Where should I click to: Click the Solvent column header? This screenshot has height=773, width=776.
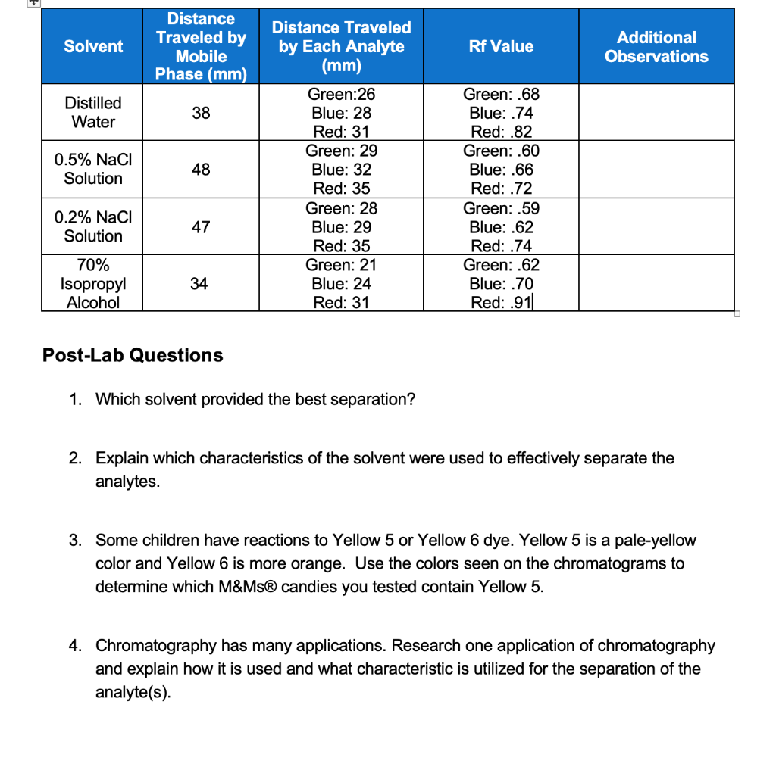(x=93, y=46)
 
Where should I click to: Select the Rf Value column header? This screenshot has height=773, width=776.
(x=500, y=46)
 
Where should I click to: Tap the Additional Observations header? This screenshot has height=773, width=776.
(x=656, y=46)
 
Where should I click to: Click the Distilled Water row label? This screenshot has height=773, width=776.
(x=93, y=112)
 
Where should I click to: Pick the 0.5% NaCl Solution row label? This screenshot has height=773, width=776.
(x=93, y=169)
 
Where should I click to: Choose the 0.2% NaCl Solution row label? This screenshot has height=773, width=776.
(x=93, y=226)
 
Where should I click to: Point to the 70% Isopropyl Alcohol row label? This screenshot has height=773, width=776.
(x=93, y=284)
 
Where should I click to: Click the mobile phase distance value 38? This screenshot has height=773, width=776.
(x=201, y=113)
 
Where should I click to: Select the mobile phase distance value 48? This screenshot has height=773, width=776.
(x=201, y=170)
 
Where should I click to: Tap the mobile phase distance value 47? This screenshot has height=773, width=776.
(x=201, y=226)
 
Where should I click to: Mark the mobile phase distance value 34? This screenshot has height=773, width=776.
(x=199, y=284)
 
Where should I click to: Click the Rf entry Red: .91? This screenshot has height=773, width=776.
(x=501, y=303)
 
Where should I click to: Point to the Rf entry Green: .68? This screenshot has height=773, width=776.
(x=501, y=95)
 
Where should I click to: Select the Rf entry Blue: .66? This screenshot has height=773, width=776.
(x=501, y=170)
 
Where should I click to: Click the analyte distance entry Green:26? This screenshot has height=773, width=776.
(x=341, y=95)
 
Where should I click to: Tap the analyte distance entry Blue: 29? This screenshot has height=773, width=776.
(x=341, y=227)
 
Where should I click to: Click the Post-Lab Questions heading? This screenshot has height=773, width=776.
(x=133, y=355)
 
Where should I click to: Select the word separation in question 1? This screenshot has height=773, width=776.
(x=374, y=399)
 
